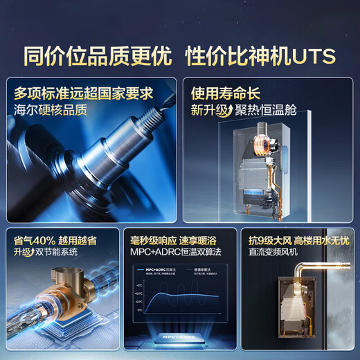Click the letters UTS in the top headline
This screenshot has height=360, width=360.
click(312, 55)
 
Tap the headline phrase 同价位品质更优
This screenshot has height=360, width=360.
click(97, 55)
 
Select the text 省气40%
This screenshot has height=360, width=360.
click(34, 240)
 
